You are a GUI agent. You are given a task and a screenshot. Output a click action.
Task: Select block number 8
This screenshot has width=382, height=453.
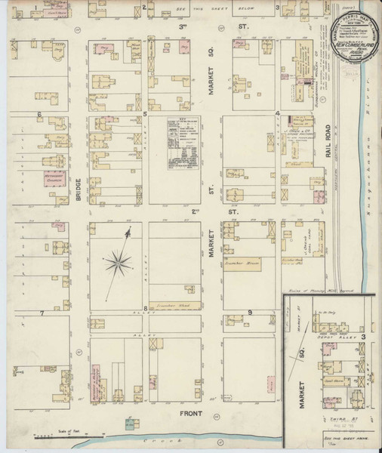(x=145, y=309)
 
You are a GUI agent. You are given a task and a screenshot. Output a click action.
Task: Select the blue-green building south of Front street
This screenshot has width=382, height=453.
(x=130, y=423)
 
